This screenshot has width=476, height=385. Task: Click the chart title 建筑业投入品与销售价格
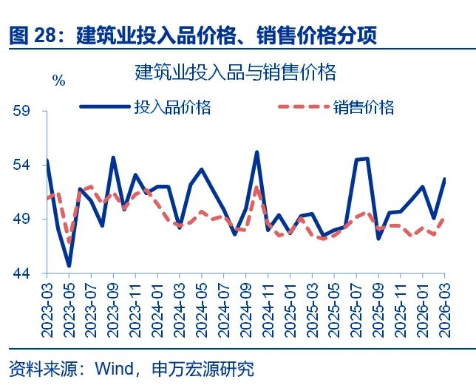point(236,72)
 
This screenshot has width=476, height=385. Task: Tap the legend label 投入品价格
point(172,107)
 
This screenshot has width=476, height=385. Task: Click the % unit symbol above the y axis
point(59,81)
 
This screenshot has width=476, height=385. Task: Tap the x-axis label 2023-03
point(47,305)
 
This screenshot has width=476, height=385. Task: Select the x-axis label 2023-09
point(113,305)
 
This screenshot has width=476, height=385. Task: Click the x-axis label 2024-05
point(202,305)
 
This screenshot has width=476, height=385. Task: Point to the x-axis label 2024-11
point(268,305)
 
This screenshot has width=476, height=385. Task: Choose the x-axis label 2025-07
point(357,305)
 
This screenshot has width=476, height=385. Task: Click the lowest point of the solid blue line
point(69,265)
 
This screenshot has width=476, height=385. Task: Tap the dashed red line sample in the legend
point(303,107)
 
